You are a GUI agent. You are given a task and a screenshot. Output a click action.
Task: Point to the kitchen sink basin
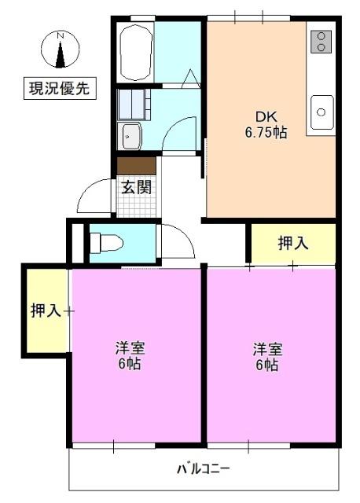(321, 111)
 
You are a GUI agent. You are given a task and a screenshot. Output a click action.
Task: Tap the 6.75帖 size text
(265, 132)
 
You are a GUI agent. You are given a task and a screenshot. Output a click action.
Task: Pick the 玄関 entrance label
(135, 187)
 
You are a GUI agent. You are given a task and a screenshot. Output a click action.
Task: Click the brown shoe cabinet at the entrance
(136, 166)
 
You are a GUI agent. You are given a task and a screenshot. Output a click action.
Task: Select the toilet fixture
(105, 242)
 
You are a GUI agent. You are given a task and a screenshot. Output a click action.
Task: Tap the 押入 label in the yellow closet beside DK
(293, 244)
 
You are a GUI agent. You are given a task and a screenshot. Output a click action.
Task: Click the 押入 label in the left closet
(46, 310)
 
